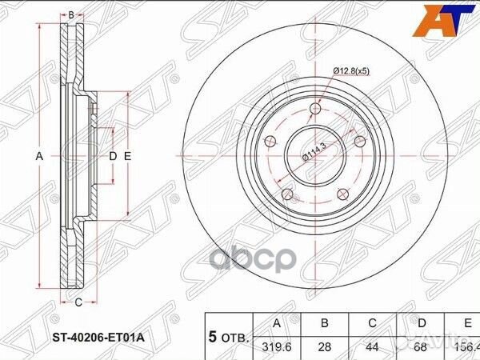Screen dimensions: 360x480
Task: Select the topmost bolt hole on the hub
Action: pos(315,109)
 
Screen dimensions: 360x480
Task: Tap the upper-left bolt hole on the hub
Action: pos(270,141)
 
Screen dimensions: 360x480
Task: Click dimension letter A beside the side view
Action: pos(38,157)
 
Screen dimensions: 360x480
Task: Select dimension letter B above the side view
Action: pos(70,15)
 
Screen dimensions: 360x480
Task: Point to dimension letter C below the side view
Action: pos(78,302)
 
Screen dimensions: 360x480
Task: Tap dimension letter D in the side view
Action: pos(113,157)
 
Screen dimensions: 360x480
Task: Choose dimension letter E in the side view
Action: pos(126,157)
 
